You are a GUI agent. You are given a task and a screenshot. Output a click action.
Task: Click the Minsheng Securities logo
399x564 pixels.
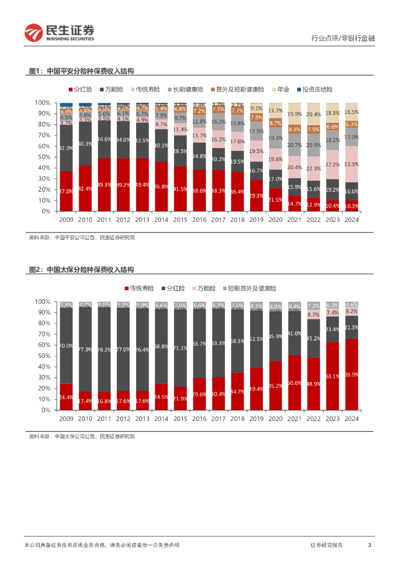(x=59, y=32)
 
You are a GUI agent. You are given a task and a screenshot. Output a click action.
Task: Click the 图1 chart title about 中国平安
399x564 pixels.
(x=81, y=71)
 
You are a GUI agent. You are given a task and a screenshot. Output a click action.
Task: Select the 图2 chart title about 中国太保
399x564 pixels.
(x=81, y=270)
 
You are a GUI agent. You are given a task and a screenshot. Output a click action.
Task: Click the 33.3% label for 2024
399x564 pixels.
(x=352, y=164)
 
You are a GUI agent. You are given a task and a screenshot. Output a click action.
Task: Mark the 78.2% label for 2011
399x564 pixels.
(x=104, y=349)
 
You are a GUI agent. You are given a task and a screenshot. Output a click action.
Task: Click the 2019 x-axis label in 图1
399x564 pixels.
(x=256, y=219)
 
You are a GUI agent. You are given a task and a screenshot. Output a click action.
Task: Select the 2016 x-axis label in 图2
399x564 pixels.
(x=199, y=418)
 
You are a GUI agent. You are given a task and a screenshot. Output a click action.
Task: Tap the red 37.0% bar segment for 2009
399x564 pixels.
(x=66, y=191)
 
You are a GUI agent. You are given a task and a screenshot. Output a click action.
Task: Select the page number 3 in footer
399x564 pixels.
(x=369, y=545)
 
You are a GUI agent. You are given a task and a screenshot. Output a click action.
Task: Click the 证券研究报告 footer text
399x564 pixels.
(x=326, y=545)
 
